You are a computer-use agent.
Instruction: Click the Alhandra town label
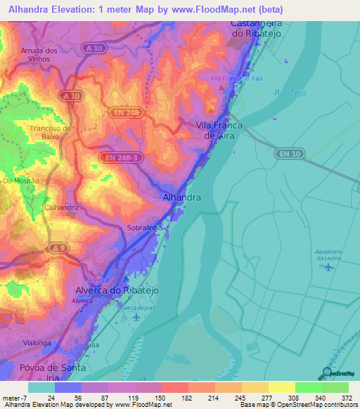click(182, 198)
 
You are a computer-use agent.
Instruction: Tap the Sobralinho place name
click(145, 228)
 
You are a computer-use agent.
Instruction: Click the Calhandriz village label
click(61, 208)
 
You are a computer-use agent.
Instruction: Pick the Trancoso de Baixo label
click(50, 132)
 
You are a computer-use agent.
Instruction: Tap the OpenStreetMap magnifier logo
click(327, 374)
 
